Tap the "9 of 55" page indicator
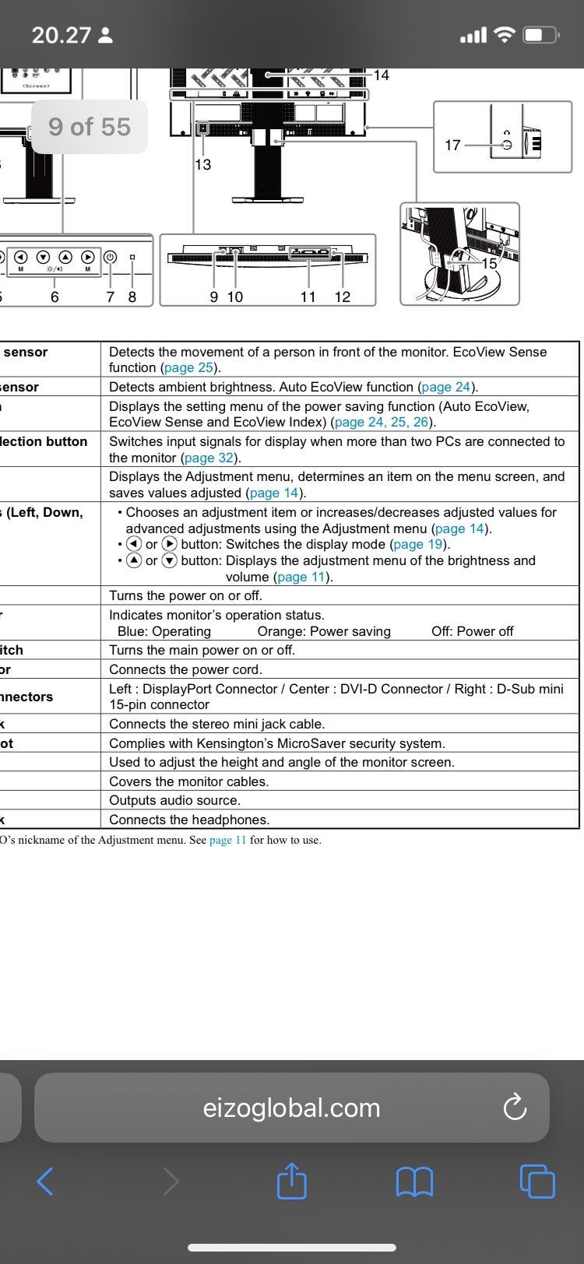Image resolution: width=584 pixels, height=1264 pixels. pos(90,127)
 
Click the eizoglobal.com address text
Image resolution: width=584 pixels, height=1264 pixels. pos(291,1108)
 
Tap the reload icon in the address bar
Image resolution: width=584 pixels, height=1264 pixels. pos(515,1108)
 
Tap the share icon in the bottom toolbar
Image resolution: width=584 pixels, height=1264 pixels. pos(292,1181)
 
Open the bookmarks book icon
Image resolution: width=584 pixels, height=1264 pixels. pos(414,1182)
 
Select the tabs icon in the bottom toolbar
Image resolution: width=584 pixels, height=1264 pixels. pos(537,1181)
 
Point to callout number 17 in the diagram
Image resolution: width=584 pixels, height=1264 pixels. pos(452,145)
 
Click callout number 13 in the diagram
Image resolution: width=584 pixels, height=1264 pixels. pos(202,164)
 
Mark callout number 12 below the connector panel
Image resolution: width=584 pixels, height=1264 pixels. pos(343,297)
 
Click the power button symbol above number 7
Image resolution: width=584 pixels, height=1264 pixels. pos(110,257)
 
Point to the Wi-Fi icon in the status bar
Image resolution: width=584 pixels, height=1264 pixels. pos(506,35)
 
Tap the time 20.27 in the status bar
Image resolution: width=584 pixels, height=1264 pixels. pos(62,35)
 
